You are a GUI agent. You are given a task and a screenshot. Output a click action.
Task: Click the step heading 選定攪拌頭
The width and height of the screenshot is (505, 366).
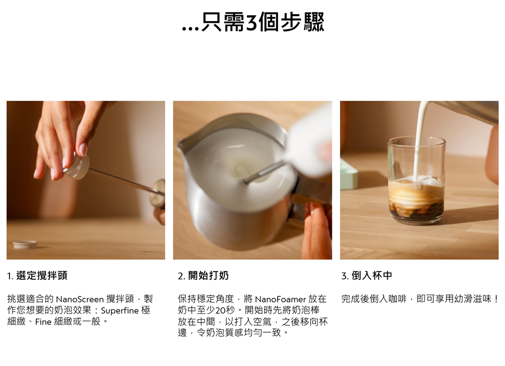tap(41, 276)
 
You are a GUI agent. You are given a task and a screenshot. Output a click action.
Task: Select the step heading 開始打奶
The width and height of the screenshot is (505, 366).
tap(209, 276)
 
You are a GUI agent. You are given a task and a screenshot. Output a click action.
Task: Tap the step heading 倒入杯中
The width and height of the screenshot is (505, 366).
tap(372, 276)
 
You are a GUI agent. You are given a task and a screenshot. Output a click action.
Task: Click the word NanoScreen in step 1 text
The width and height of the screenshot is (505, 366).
tap(80, 299)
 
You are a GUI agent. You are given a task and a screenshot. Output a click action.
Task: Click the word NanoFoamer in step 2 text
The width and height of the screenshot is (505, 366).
tap(280, 299)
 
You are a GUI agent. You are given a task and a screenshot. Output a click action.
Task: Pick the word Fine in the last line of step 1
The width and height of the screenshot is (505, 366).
tap(43, 322)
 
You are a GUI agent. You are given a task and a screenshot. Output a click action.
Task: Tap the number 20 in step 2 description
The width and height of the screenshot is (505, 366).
tap(221, 310)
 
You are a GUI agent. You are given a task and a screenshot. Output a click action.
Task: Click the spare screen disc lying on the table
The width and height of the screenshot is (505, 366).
tap(25, 244)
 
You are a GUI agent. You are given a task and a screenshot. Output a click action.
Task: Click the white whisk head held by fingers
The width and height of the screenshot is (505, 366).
tap(77, 166)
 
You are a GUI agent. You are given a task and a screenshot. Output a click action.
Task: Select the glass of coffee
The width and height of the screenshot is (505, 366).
tap(417, 180)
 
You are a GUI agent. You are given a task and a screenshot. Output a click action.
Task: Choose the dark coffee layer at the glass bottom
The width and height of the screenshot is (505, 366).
tap(417, 211)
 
